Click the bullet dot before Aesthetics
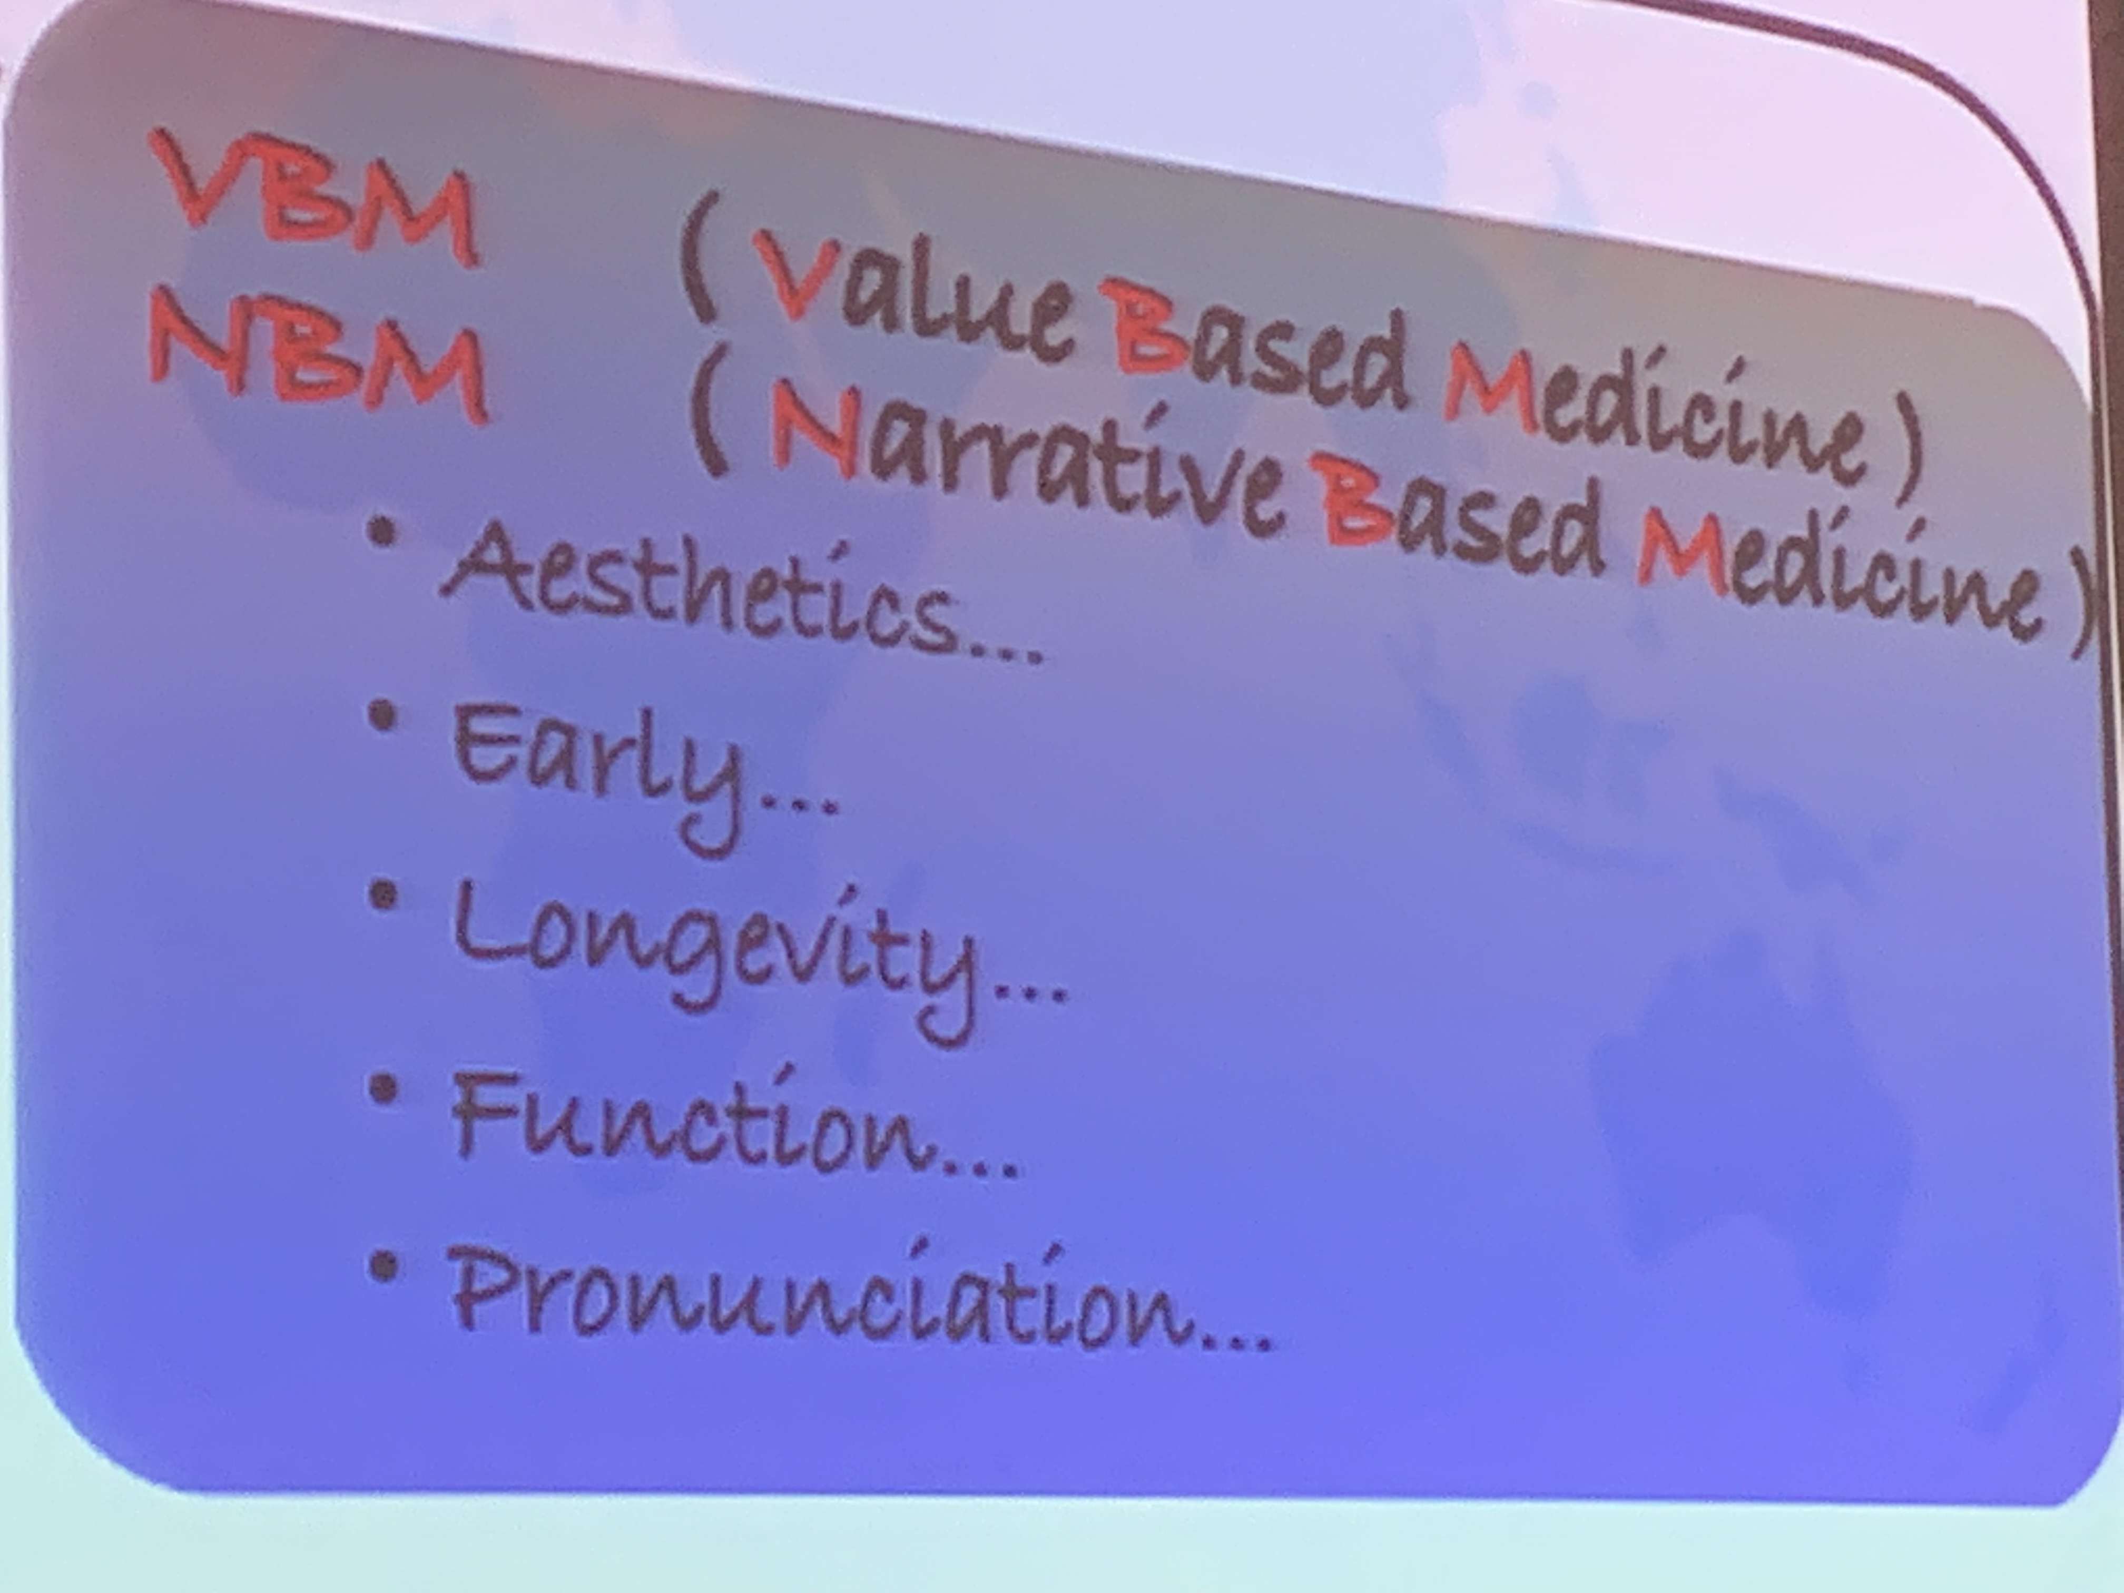pyautogui.click(x=384, y=534)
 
